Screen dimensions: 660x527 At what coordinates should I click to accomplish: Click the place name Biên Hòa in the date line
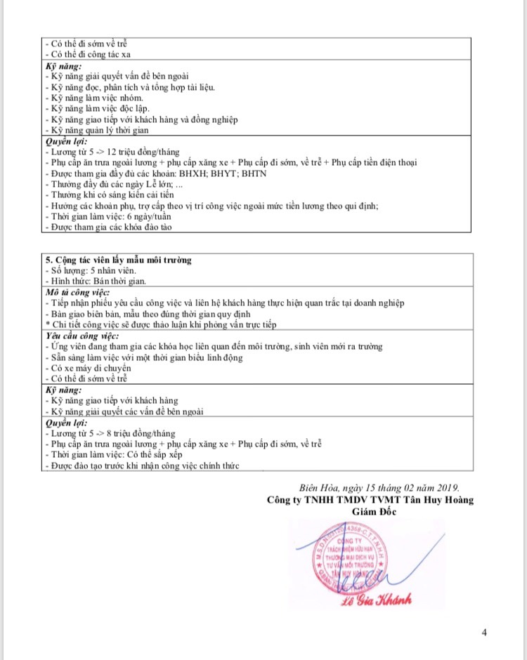318,488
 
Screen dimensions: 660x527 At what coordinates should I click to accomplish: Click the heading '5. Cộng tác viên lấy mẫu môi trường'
118,260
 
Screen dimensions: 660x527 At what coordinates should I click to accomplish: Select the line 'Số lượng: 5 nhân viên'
90,270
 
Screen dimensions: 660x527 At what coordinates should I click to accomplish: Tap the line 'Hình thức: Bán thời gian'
95,281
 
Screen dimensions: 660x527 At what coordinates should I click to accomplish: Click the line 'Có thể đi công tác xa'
89,54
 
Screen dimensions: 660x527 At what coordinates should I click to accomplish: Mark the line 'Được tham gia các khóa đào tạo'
109,227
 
